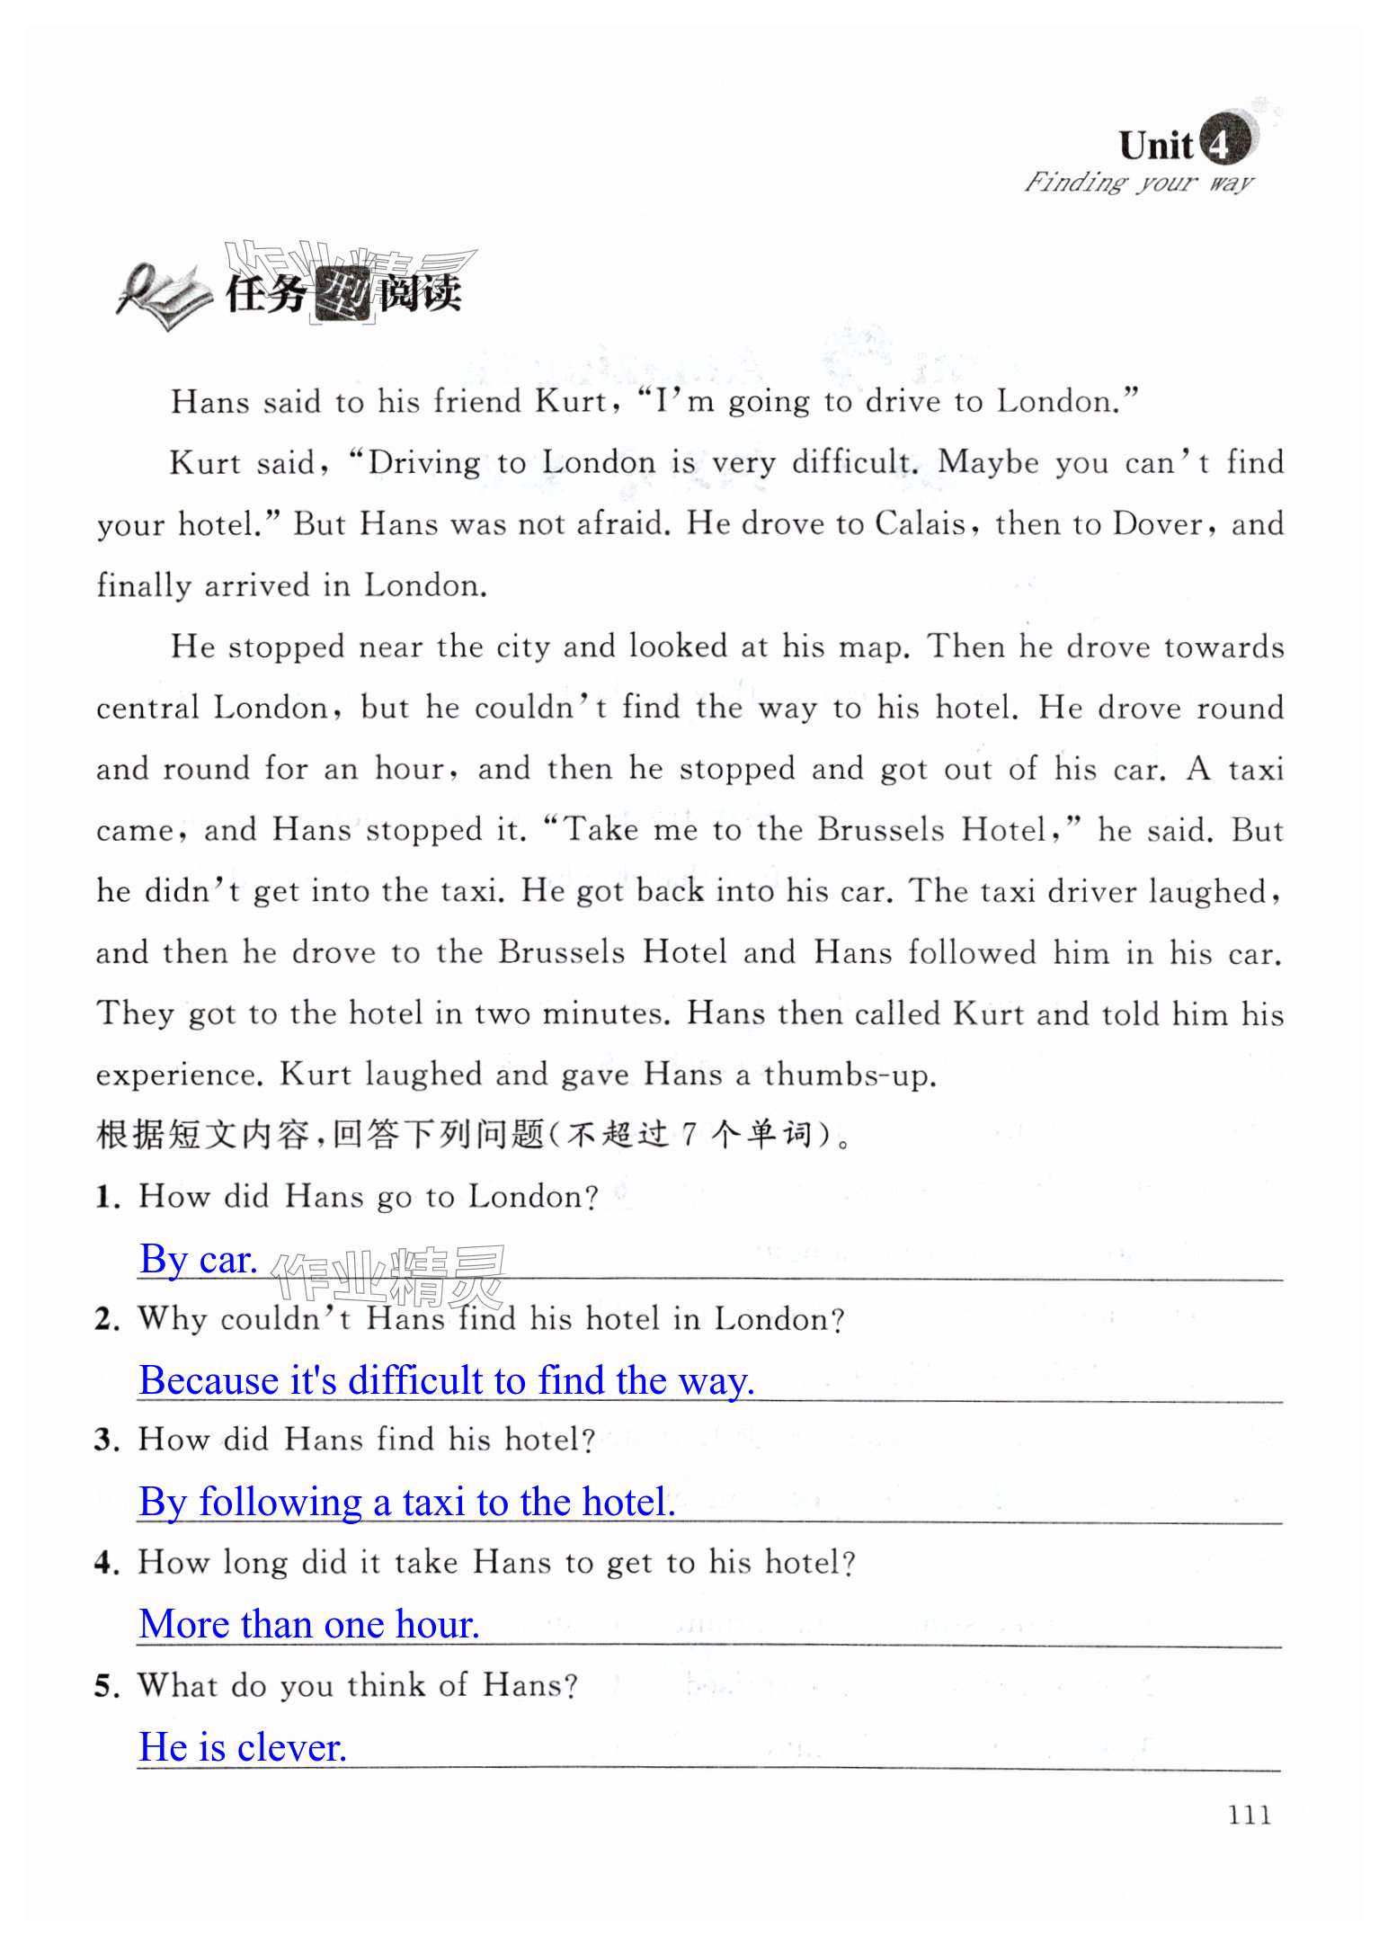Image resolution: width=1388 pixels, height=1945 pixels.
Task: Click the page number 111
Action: (1249, 1814)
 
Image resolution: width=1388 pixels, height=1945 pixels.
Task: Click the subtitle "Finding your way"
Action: (1138, 183)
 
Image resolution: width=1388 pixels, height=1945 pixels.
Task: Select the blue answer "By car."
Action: (198, 1259)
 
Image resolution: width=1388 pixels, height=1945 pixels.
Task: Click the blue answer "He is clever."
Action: (242, 1746)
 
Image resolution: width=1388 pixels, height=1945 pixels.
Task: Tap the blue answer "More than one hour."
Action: (309, 1624)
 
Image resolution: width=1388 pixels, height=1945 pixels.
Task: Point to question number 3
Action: (106, 1441)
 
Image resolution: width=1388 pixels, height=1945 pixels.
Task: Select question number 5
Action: (106, 1686)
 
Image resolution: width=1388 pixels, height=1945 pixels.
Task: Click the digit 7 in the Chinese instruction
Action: (688, 1135)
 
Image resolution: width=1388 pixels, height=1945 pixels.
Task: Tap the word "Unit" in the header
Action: (1155, 145)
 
